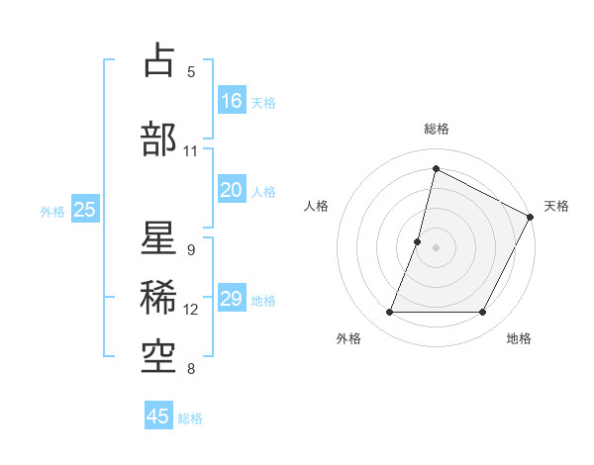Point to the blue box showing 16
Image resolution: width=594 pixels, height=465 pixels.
[232, 100]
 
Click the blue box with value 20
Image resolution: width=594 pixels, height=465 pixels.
[232, 190]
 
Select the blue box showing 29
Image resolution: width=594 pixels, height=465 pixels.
[232, 299]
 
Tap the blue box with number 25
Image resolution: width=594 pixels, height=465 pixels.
[84, 209]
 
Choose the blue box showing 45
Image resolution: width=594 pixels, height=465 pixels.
[158, 417]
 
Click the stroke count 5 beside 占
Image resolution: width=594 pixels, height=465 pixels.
[191, 71]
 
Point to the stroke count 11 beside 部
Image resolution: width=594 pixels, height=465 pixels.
[191, 151]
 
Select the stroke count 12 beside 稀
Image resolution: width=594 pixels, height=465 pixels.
[191, 310]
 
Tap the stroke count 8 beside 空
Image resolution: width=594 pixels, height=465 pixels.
[191, 370]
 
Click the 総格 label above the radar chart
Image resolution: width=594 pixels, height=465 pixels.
[437, 130]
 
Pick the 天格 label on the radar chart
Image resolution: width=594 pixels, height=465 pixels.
[556, 206]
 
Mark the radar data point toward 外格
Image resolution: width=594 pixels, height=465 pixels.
[389, 313]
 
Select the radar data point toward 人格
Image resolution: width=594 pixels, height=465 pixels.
[418, 241]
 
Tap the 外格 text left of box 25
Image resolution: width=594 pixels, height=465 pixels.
[52, 211]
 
